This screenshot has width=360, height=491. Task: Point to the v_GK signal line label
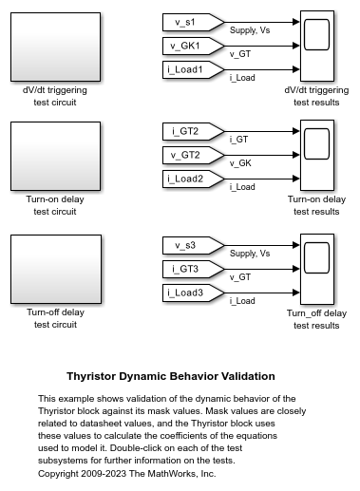pyautogui.click(x=242, y=163)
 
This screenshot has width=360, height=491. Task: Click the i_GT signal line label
pyautogui.click(x=240, y=140)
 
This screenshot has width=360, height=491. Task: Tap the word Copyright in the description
pyautogui.click(x=61, y=473)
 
